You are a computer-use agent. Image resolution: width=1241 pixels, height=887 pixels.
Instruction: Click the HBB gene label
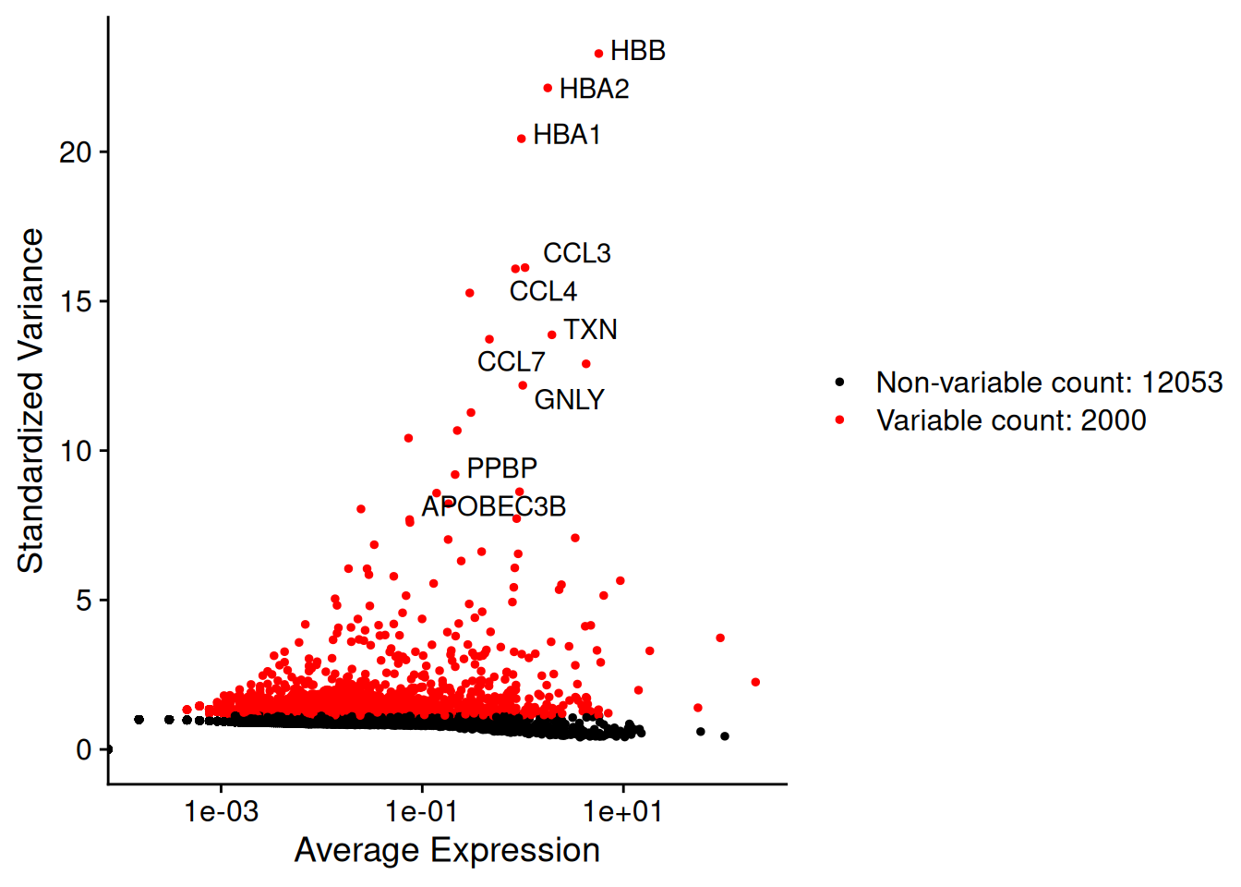(x=638, y=51)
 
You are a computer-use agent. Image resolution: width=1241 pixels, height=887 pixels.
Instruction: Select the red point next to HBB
(x=598, y=54)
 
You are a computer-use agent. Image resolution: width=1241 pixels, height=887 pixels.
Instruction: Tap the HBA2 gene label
(x=594, y=90)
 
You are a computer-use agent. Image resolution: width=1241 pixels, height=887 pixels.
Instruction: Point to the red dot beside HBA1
(x=522, y=139)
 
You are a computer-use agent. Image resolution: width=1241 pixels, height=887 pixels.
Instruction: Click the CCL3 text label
(x=577, y=253)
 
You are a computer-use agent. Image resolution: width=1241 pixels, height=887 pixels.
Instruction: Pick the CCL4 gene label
(x=543, y=292)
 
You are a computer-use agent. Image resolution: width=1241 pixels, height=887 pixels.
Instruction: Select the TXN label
(x=591, y=330)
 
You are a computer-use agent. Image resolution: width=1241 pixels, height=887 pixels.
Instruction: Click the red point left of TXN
(x=552, y=334)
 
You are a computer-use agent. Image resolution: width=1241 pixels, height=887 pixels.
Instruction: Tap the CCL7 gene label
(x=512, y=362)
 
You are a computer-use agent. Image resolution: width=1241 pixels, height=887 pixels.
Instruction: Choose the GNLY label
(x=569, y=400)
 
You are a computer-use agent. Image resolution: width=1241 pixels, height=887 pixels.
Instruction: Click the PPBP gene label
(x=502, y=468)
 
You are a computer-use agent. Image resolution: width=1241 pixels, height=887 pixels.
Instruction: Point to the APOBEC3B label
(x=494, y=506)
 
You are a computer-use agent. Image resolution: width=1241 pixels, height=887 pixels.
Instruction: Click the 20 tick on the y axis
(x=76, y=152)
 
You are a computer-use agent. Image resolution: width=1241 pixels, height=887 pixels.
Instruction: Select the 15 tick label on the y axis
(x=76, y=301)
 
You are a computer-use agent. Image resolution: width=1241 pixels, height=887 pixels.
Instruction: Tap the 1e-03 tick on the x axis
(x=221, y=813)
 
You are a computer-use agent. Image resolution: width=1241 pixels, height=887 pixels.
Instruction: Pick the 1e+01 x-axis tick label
(x=623, y=813)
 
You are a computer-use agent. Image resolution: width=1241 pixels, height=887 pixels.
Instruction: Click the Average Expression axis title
(x=447, y=850)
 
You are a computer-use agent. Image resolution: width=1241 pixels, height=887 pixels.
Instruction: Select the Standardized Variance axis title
(x=30, y=400)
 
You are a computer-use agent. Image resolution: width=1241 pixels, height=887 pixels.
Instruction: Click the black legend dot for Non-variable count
(x=840, y=382)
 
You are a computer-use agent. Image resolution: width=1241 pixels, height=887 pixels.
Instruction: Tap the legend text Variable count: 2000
(x=1011, y=420)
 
